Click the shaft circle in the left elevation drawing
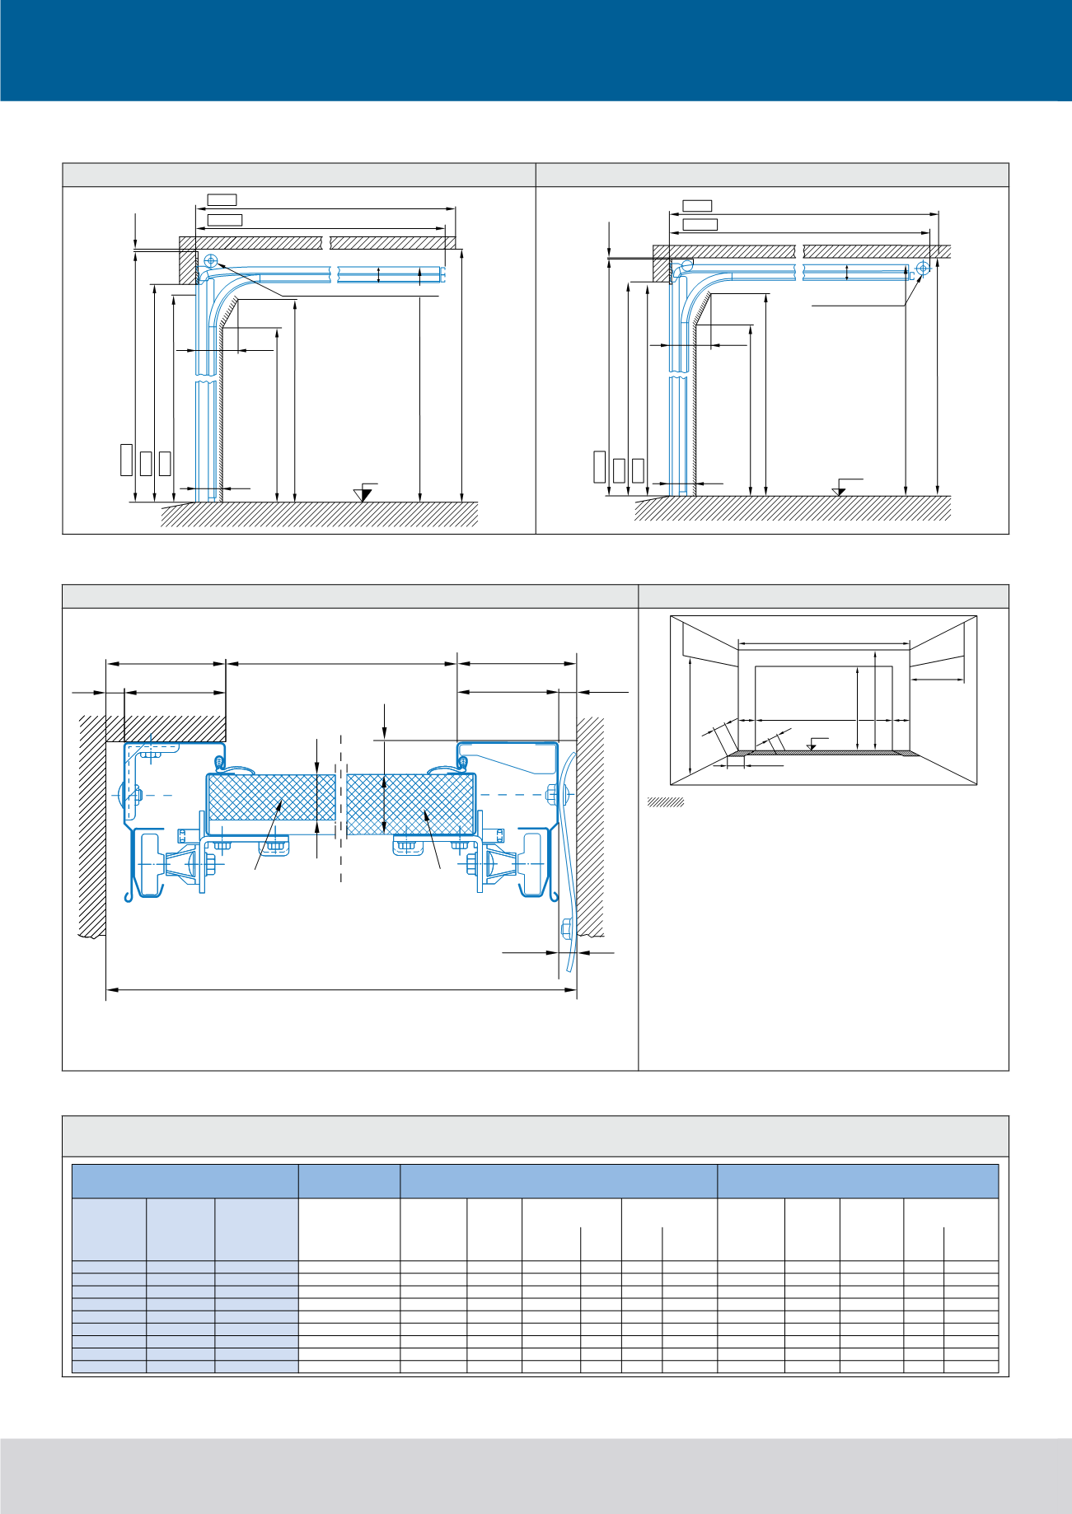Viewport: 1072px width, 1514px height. pyautogui.click(x=210, y=260)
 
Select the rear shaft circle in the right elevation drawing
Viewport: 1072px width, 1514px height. pyautogui.click(x=922, y=267)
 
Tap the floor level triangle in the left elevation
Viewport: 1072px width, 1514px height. pyautogui.click(x=363, y=494)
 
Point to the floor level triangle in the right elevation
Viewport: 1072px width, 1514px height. pyautogui.click(x=839, y=492)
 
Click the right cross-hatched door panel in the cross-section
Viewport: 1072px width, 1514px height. pyautogui.click(x=410, y=805)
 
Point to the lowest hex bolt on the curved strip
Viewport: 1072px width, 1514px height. pyautogui.click(x=566, y=928)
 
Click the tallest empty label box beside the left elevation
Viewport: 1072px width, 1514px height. pyautogui.click(x=126, y=459)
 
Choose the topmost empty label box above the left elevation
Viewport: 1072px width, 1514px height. pyautogui.click(x=222, y=199)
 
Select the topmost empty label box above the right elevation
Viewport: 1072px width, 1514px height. pyautogui.click(x=697, y=205)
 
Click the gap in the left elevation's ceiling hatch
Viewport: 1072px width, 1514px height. pyautogui.click(x=325, y=242)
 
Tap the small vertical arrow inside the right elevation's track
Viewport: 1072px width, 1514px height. pyautogui.click(x=847, y=273)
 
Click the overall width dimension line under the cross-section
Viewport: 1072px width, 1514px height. pyautogui.click(x=341, y=989)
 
